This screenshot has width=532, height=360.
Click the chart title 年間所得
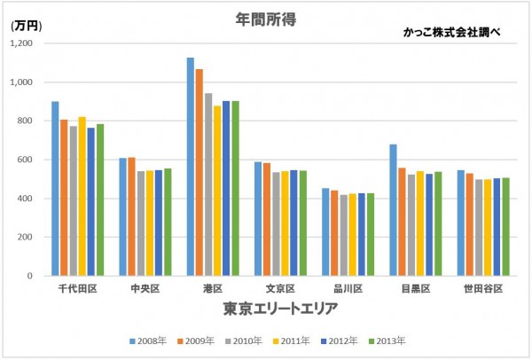[x=265, y=18]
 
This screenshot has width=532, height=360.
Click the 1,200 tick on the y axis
[x=20, y=43]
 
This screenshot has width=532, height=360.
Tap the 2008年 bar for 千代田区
[x=55, y=189]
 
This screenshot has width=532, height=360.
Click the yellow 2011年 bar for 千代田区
[x=82, y=196]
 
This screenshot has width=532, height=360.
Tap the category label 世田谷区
[x=483, y=289]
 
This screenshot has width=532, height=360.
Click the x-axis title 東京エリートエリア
[x=268, y=309]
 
